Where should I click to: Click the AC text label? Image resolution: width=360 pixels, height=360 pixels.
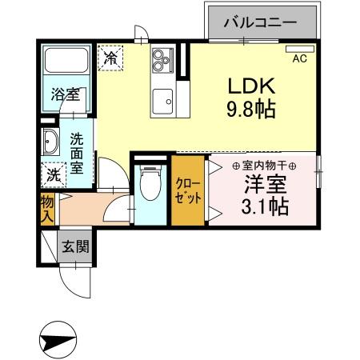coord(300,58)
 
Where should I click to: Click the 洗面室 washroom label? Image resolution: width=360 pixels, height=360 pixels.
coord(77,153)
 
